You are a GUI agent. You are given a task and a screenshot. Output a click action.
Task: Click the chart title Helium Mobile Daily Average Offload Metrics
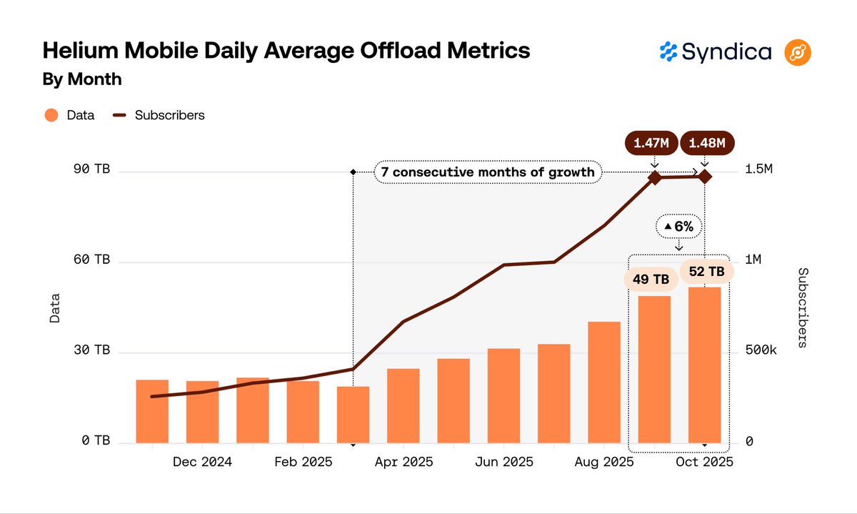pyautogui.click(x=286, y=51)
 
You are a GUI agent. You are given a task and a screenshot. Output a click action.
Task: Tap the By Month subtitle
pyautogui.click(x=82, y=79)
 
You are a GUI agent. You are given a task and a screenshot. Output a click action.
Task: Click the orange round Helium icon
pyautogui.click(x=798, y=52)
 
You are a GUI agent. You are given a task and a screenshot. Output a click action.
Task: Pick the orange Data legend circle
pyautogui.click(x=51, y=115)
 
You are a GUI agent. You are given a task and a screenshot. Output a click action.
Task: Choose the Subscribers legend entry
pyautogui.click(x=159, y=115)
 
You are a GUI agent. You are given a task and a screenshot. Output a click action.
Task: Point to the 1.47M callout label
pyautogui.click(x=651, y=143)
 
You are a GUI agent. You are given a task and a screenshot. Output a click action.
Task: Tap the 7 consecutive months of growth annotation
pyautogui.click(x=487, y=172)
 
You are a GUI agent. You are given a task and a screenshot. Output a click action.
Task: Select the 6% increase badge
pyautogui.click(x=678, y=227)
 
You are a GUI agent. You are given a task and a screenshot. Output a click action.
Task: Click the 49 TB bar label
pyautogui.click(x=651, y=279)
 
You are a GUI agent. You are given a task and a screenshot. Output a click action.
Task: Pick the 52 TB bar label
pyautogui.click(x=706, y=272)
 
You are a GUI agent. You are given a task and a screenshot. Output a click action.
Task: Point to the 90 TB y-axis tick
pyautogui.click(x=91, y=169)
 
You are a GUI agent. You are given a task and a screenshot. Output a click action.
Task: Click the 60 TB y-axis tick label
pyautogui.click(x=91, y=260)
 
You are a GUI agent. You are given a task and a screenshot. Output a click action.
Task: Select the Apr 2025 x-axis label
pyautogui.click(x=403, y=463)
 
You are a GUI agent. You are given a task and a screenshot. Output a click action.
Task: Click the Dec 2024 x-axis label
pyautogui.click(x=202, y=463)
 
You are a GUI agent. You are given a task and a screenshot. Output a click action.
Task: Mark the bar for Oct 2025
pyautogui.click(x=704, y=365)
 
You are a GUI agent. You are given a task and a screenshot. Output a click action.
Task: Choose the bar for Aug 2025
pyautogui.click(x=603, y=382)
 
